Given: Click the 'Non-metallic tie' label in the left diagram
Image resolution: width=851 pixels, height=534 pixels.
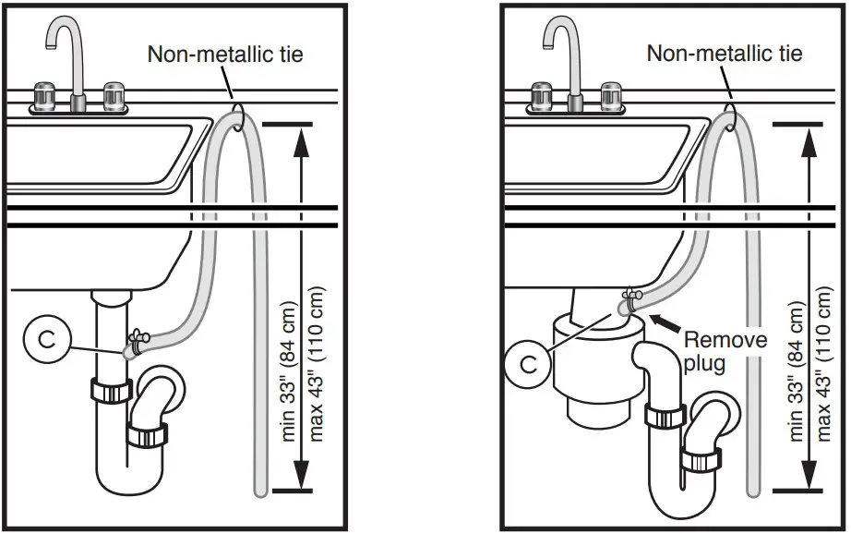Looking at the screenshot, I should point(225,54).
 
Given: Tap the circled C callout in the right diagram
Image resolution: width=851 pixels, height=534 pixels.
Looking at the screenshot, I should point(529,364).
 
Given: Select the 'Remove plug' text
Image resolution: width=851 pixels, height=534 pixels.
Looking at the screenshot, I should point(724,350).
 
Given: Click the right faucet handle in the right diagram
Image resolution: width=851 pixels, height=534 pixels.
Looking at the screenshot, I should point(612,95).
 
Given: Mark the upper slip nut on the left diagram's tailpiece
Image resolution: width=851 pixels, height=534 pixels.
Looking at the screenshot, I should point(110,389).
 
